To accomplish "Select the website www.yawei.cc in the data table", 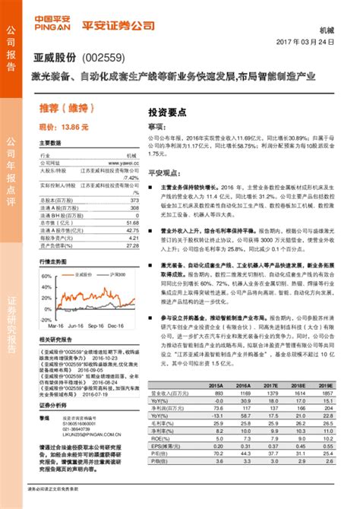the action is click(x=127, y=163).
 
